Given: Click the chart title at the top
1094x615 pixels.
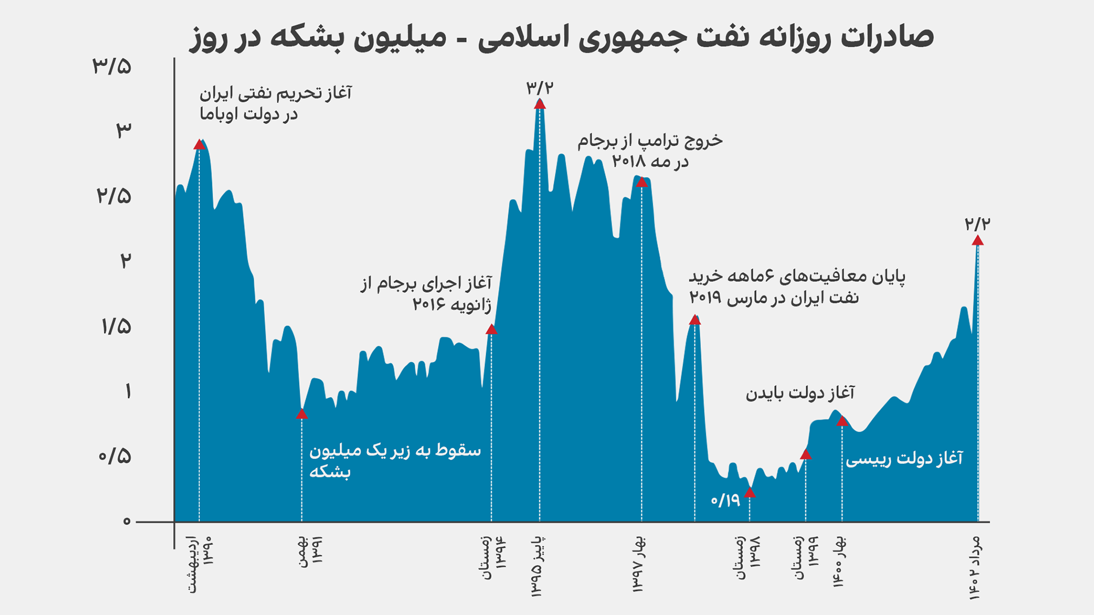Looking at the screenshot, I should tap(561, 38).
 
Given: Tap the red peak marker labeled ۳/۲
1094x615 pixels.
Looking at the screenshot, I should tap(540, 104).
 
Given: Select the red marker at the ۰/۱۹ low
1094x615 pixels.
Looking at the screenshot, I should tap(750, 493).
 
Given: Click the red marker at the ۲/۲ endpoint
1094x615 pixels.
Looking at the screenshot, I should tap(978, 240).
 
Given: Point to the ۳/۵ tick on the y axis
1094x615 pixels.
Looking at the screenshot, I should tap(112, 67).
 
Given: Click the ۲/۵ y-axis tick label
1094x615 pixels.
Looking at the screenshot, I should tap(114, 196).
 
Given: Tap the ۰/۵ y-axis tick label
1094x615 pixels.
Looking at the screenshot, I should tap(115, 456).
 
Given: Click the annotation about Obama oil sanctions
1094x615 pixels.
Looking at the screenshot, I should tap(275, 104).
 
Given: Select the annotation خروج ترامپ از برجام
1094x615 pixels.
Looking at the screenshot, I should tap(650, 151).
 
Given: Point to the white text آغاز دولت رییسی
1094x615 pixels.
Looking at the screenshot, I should tap(904, 459).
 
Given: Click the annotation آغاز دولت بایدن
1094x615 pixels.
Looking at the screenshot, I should tap(800, 393).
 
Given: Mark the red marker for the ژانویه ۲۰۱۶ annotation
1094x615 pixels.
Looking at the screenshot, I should tap(491, 329).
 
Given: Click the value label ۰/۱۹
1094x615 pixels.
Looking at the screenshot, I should tap(725, 501).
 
